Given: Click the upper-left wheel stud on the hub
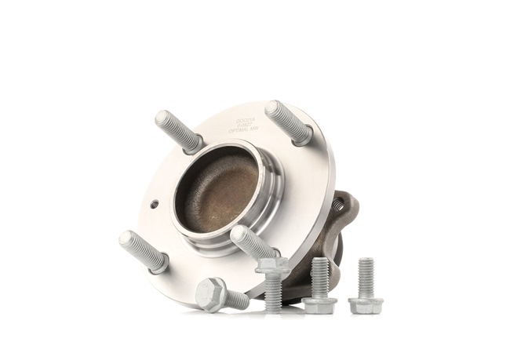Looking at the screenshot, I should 177,131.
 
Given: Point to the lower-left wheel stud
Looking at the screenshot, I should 141,250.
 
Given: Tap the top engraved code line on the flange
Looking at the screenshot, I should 246,119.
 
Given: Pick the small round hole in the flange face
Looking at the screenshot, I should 155,204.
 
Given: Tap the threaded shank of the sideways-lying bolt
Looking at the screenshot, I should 237,299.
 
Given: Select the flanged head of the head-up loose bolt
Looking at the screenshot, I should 272,267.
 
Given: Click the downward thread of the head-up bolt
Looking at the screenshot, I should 273,292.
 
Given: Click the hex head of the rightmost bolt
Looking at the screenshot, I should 366,305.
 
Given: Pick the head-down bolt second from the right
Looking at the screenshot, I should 319,285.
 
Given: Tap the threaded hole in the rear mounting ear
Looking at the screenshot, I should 338,206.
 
